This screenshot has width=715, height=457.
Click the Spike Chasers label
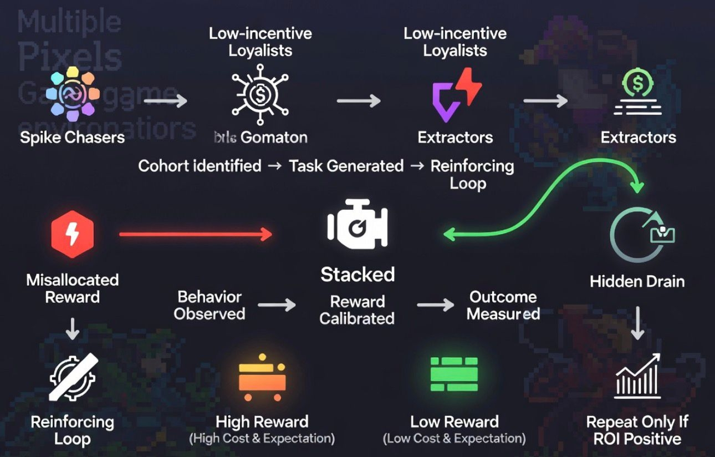coord(72,137)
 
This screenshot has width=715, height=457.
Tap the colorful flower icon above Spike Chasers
coord(72,95)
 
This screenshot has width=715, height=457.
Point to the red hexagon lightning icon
coord(72,236)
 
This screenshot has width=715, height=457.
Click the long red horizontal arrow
coord(195,235)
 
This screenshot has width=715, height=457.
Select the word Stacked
coord(357,274)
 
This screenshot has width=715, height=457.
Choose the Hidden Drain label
coord(637,281)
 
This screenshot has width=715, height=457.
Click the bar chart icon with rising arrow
coord(638,375)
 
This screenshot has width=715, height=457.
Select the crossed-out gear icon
coord(73,378)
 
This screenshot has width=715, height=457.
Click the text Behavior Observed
coord(210,305)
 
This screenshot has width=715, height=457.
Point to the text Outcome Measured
coord(503,305)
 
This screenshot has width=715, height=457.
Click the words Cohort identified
coord(200,165)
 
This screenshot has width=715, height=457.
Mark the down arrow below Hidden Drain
coord(637,323)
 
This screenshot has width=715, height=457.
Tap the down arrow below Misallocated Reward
coord(72,329)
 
